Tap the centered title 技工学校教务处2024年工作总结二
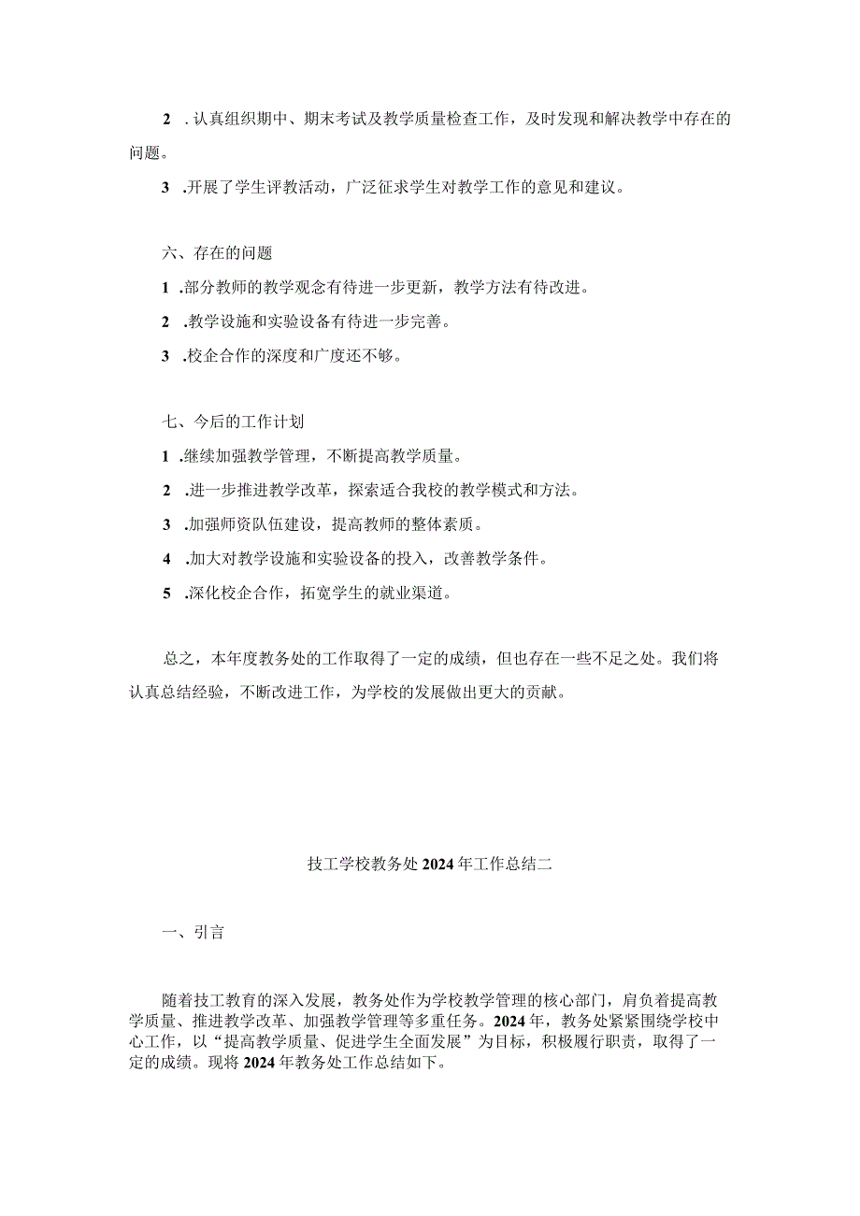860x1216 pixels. click(x=430, y=865)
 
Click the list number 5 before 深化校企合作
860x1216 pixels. click(x=166, y=594)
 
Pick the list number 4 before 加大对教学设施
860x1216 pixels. click(x=166, y=559)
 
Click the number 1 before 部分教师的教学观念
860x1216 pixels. click(x=166, y=288)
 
